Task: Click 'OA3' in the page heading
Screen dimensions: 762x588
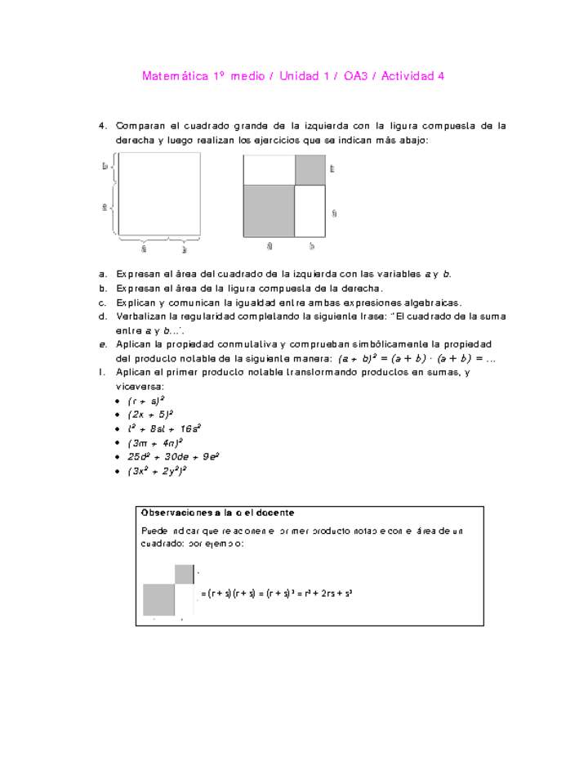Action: (356, 76)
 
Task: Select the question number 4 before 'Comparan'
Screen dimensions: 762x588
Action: (103, 126)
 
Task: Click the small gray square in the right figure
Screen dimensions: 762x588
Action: (310, 169)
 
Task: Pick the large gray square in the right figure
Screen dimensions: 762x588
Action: (269, 211)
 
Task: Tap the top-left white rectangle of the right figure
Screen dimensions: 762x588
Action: (269, 169)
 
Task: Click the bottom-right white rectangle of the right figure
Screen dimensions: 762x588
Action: (310, 211)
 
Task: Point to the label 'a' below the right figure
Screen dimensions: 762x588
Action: (269, 245)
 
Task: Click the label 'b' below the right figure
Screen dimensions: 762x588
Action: (311, 245)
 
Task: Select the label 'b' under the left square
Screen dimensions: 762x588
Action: (185, 249)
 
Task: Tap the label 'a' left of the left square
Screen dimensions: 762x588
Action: (105, 208)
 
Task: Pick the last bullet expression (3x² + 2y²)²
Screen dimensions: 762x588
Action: (158, 471)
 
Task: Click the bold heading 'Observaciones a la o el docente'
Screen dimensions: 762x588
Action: (217, 513)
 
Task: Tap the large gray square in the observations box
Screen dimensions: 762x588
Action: (158, 600)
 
